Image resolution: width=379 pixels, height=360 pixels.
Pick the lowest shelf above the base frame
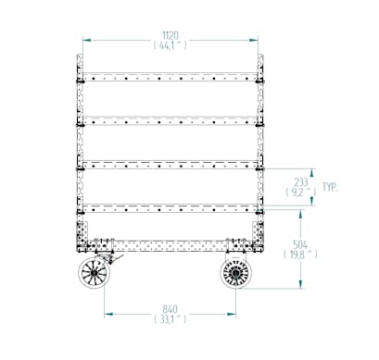(x=169, y=205)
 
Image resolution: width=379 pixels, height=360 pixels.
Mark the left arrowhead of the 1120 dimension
(x=86, y=40)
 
